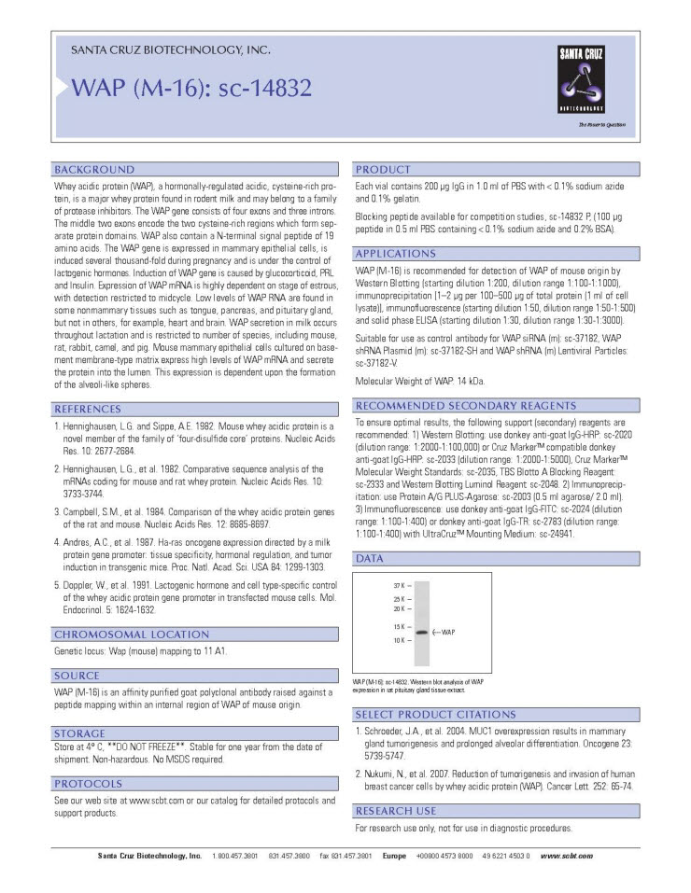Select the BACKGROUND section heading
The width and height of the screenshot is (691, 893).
[95, 170]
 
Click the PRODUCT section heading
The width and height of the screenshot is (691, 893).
[383, 170]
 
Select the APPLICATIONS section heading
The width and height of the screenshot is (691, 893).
[395, 254]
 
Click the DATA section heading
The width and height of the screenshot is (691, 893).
[370, 558]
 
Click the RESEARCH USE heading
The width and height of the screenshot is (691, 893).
[396, 811]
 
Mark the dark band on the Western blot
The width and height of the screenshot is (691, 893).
[421, 632]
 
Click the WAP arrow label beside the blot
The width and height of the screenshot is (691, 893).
[445, 632]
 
